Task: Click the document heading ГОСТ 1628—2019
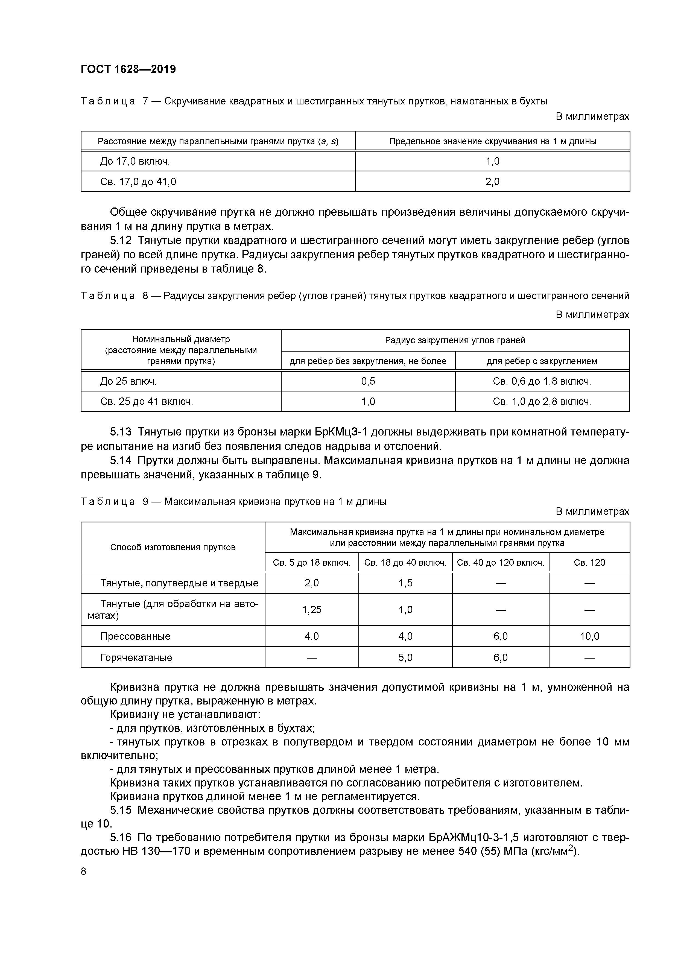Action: click(128, 69)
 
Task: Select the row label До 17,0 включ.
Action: click(135, 161)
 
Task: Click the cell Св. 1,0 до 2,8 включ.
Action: click(542, 401)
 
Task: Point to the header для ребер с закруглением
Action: click(542, 361)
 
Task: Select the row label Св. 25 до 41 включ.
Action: click(147, 401)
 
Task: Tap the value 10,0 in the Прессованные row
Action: click(589, 636)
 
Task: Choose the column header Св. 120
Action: click(589, 562)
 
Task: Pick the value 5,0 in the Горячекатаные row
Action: click(405, 657)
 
